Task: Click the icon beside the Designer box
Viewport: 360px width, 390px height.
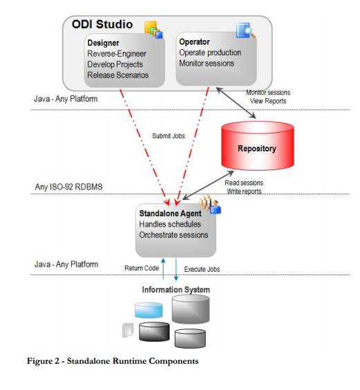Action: point(152,30)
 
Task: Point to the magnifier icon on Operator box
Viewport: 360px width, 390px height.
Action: point(246,30)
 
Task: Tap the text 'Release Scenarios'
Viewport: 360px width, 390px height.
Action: point(117,75)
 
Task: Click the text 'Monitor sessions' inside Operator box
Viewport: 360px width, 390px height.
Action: point(207,64)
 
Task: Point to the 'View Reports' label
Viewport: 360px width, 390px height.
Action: point(268,101)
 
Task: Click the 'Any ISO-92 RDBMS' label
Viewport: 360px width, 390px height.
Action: point(69,187)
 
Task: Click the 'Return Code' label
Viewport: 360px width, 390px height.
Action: point(142,268)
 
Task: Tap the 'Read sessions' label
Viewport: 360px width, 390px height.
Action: point(244,183)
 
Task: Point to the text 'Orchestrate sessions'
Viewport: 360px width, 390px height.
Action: point(173,234)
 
